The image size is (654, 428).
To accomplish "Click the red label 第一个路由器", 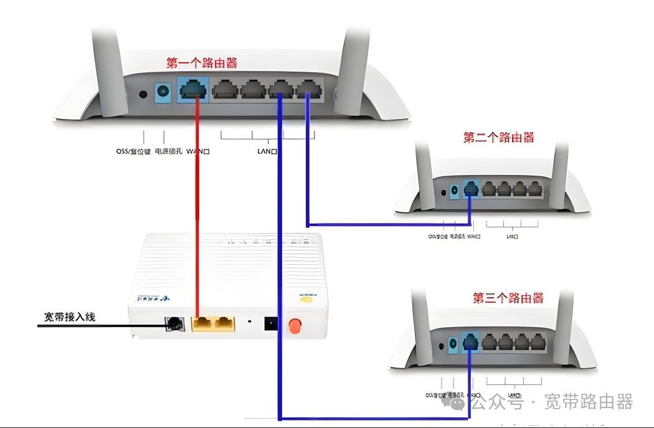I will (201, 63).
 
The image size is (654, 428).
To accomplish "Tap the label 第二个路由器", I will (498, 138).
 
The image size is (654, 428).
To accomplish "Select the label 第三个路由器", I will (508, 298).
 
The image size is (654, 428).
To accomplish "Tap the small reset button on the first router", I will (143, 94).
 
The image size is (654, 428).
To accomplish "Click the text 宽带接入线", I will (70, 316).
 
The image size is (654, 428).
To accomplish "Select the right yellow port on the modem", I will (224, 323).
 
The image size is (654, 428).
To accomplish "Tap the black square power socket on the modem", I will (271, 324).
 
